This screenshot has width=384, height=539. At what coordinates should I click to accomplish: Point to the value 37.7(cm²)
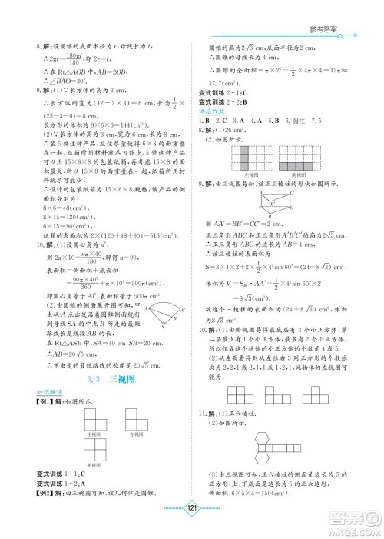coord(227,83)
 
